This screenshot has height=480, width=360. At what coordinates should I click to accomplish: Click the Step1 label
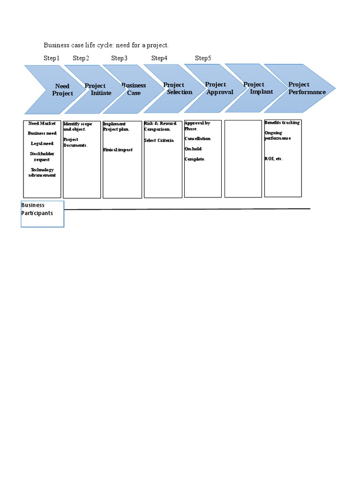click(x=52, y=58)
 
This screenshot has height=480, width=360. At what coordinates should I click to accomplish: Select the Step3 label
click(x=119, y=58)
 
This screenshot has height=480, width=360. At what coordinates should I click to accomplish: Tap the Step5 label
click(x=203, y=58)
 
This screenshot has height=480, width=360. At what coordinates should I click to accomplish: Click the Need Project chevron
click(x=62, y=90)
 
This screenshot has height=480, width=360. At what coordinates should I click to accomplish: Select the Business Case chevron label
click(x=134, y=89)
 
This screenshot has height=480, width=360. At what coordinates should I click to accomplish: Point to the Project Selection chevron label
click(x=177, y=89)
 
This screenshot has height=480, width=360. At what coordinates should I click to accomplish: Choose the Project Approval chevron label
click(x=218, y=88)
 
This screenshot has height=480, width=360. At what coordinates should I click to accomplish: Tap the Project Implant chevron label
click(x=257, y=88)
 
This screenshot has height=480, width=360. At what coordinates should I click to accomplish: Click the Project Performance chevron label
click(x=307, y=88)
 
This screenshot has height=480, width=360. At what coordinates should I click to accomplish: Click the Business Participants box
click(x=42, y=214)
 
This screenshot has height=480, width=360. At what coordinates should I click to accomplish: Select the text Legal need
click(x=42, y=143)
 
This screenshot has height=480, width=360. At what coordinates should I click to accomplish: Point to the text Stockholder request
click(x=42, y=157)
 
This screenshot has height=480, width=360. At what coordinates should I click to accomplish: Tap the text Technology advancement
click(x=42, y=172)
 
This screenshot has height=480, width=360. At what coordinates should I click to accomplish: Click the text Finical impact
click(x=118, y=150)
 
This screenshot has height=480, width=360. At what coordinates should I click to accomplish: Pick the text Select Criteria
click(x=158, y=141)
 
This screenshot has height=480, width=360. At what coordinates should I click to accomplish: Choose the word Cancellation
click(x=197, y=139)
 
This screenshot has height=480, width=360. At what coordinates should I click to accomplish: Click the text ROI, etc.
click(x=274, y=159)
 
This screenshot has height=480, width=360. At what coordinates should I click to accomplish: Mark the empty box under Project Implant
click(x=243, y=158)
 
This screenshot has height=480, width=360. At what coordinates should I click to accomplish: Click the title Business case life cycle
click(x=106, y=45)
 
